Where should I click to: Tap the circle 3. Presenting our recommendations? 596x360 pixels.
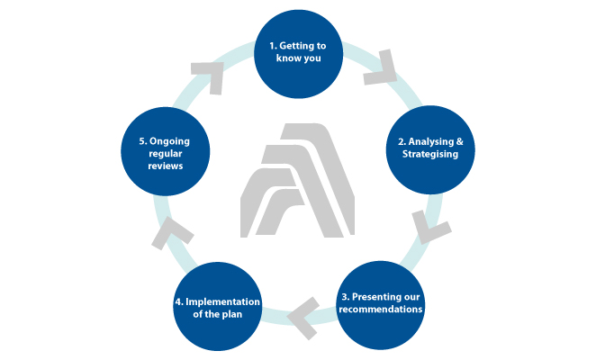tap(382, 303)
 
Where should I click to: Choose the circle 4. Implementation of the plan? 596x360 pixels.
tap(216, 307)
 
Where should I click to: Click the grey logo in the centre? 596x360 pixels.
tap(298, 179)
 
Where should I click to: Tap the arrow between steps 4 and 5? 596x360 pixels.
tap(168, 233)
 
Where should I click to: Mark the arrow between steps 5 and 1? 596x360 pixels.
tap(208, 76)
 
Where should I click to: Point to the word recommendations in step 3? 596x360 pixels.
tap(382, 310)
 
